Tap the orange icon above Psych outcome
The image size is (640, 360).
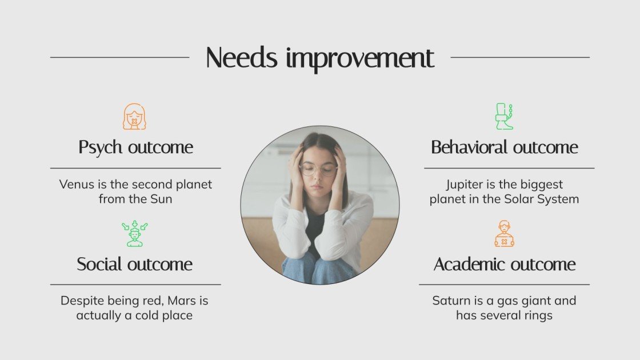point(135,117)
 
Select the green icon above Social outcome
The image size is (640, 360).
point(135,234)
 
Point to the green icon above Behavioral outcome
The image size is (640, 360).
point(504,117)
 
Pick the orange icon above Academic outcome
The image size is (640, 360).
point(504,234)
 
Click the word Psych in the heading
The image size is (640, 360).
point(101,148)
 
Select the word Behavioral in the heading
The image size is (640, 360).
point(469,147)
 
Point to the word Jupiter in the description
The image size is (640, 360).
point(465,185)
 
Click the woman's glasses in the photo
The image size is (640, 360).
point(318,170)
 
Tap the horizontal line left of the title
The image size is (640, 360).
point(119,57)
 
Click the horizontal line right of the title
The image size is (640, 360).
point(520,57)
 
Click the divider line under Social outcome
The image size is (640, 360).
point(135,284)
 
